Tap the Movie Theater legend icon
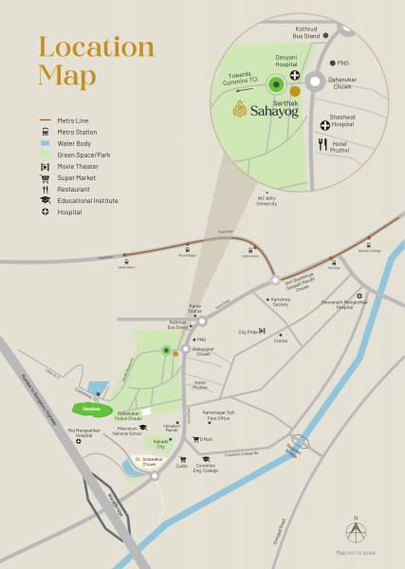click(44, 166)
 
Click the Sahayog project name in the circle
click(263, 110)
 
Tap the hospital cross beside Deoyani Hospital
click(296, 76)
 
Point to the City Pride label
click(249, 332)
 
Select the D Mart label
click(203, 439)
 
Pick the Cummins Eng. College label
click(205, 465)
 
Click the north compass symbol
click(357, 532)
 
